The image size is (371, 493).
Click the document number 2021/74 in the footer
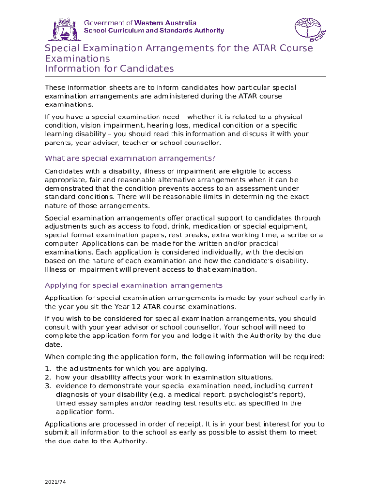(x=55, y=481)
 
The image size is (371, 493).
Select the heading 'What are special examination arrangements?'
(x=130, y=158)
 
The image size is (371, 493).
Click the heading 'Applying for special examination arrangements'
(x=133, y=285)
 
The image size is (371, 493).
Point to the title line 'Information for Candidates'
(x=109, y=68)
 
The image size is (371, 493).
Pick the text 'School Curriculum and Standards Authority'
(x=154, y=30)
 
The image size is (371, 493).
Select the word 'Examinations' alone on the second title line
(x=78, y=58)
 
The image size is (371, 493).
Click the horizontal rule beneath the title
(x=185, y=76)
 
